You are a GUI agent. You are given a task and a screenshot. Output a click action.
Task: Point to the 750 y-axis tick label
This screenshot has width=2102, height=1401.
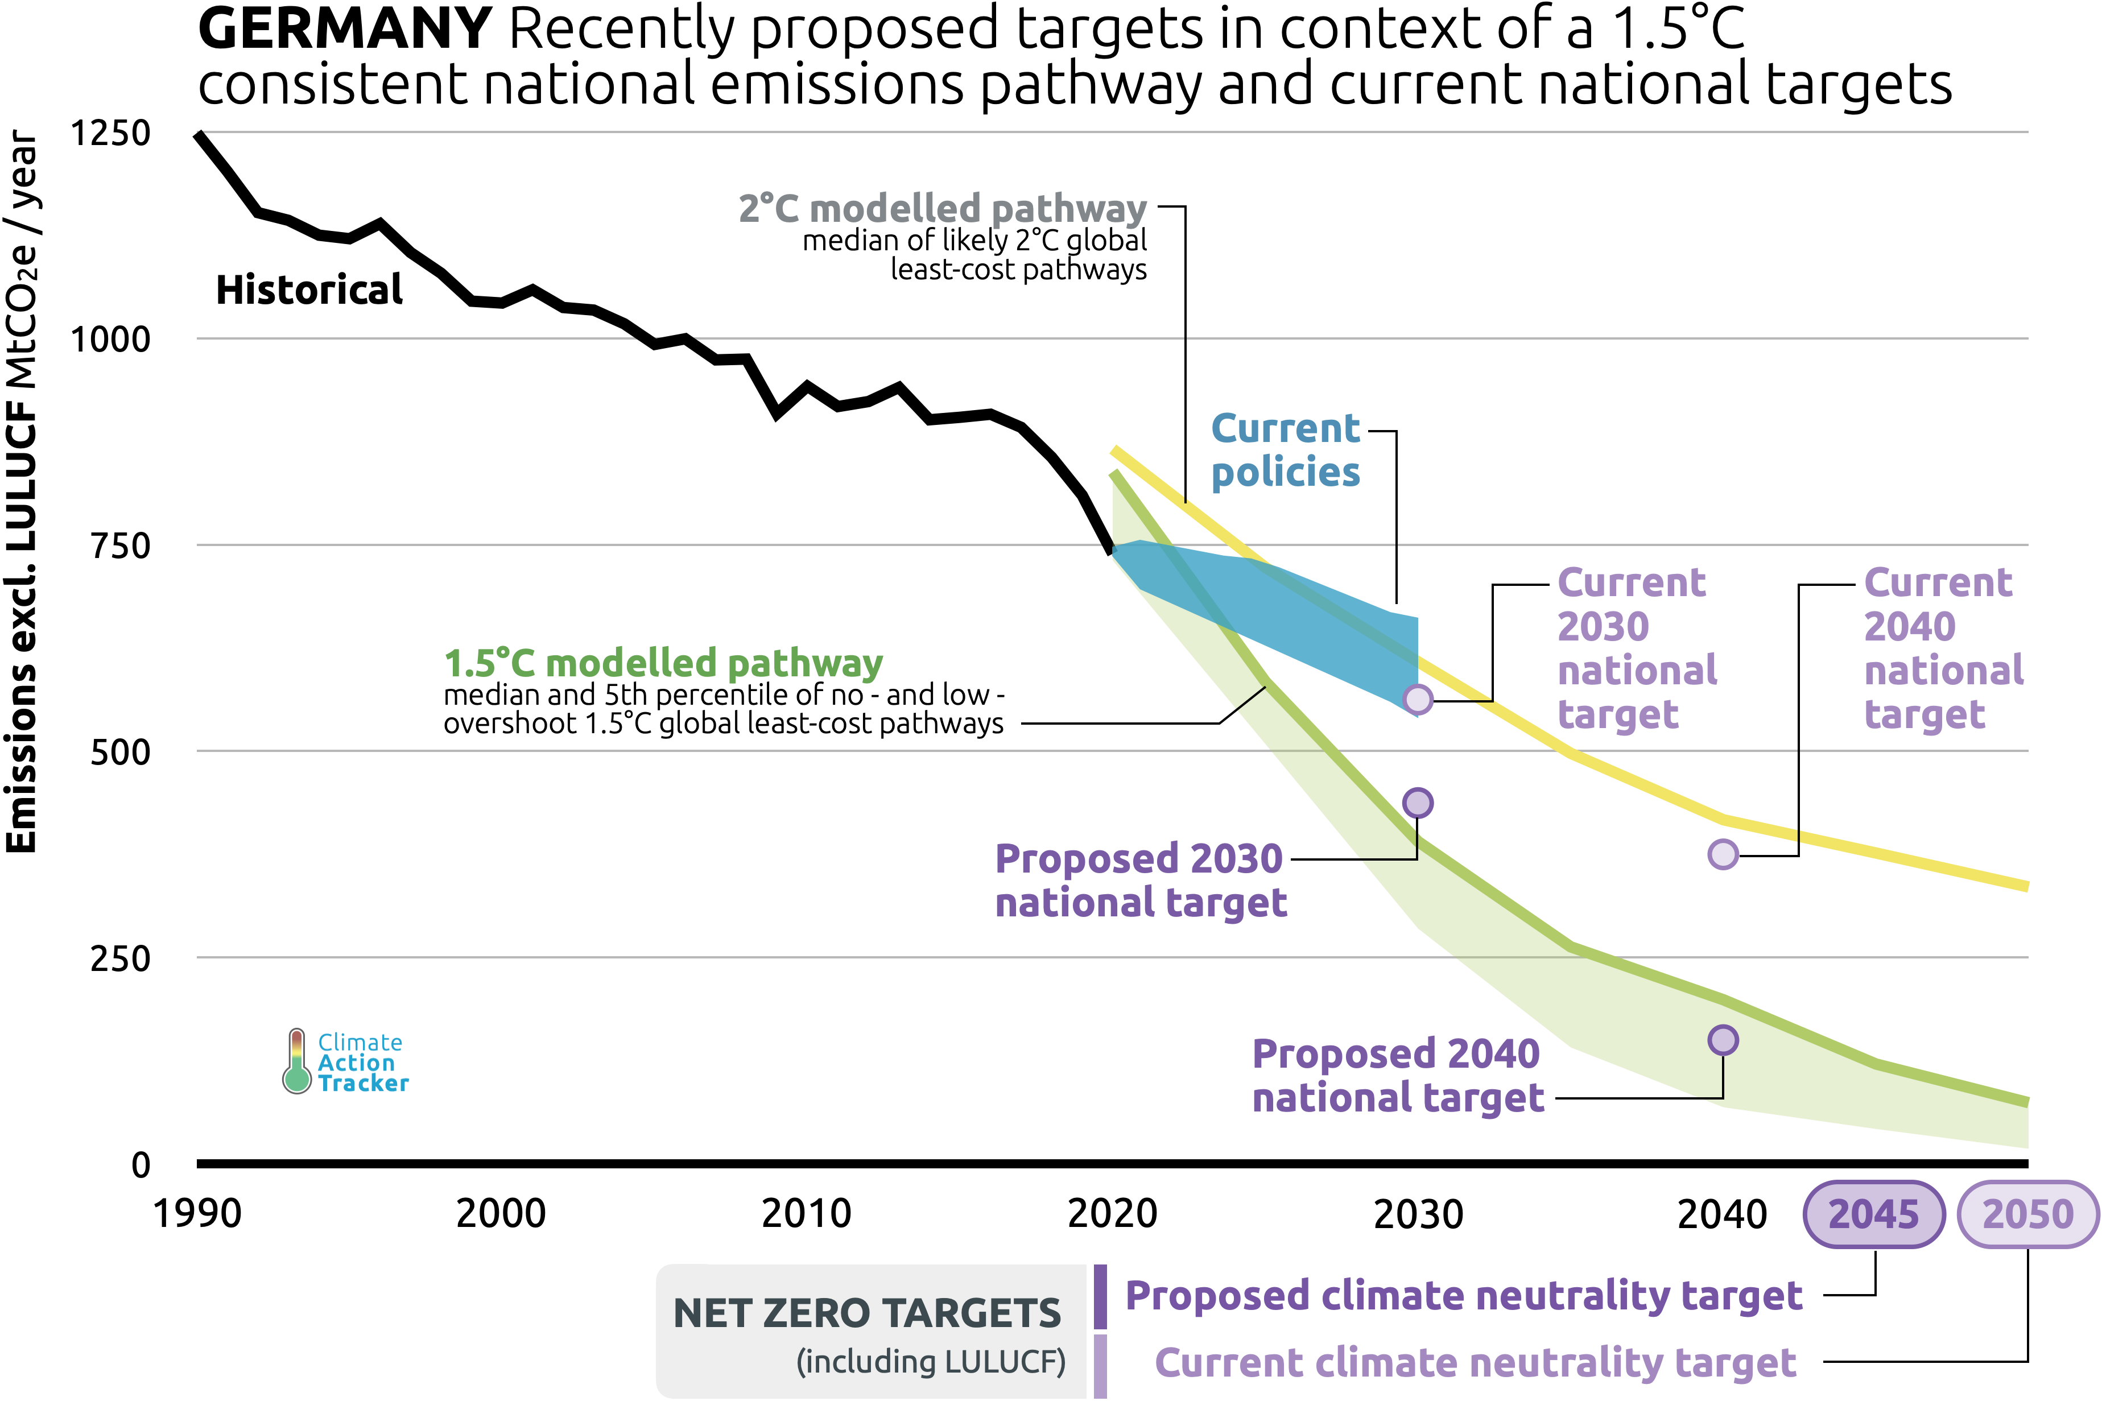point(121,545)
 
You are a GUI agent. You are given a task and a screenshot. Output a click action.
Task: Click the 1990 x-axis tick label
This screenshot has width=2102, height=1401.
point(197,1213)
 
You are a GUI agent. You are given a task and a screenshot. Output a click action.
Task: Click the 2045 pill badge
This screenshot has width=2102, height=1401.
point(1873,1213)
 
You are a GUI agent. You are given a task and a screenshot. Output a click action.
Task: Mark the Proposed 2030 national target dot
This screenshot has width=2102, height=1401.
point(1418,803)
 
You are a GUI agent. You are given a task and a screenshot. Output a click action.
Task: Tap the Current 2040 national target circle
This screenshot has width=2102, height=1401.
point(1723,854)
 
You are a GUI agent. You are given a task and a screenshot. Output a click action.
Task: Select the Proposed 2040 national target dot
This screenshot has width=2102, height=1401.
point(1723,1040)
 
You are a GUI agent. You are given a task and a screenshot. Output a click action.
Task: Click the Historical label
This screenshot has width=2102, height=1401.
point(309,291)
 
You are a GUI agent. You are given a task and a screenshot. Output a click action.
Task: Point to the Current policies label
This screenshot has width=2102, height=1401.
point(1285,451)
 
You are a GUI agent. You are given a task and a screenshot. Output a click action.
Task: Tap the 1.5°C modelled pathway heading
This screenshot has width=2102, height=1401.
point(663,663)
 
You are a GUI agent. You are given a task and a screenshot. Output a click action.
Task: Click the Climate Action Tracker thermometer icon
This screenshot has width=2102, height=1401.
point(296,1061)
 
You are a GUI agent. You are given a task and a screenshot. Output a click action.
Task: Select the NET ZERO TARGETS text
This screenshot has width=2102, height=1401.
point(866,1313)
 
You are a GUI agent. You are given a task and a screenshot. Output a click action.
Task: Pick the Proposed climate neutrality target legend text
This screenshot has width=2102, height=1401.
point(1463,1296)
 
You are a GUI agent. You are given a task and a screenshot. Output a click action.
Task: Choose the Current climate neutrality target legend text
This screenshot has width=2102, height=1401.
point(1475,1362)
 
